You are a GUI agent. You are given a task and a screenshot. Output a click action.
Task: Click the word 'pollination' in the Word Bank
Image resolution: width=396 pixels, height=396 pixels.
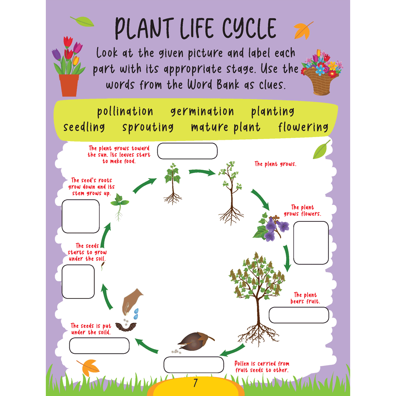click(125, 111)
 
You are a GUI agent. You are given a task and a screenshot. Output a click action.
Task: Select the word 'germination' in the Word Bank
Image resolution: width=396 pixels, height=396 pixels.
click(202, 111)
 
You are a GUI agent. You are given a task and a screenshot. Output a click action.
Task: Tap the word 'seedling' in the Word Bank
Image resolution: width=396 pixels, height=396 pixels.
click(84, 127)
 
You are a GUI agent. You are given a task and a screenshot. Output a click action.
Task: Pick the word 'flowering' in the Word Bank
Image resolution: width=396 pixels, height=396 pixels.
click(303, 127)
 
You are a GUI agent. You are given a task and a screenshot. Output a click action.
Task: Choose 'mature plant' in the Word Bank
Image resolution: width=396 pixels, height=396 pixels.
click(225, 127)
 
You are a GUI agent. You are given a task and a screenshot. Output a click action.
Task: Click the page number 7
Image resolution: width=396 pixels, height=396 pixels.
click(195, 383)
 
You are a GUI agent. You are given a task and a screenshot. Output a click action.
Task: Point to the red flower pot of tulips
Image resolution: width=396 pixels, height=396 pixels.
click(69, 85)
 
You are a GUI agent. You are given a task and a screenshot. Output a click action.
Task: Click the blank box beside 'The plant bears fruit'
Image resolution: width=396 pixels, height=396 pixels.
click(298, 315)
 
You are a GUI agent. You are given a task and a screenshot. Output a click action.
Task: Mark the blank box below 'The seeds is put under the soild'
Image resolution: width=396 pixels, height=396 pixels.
click(99, 345)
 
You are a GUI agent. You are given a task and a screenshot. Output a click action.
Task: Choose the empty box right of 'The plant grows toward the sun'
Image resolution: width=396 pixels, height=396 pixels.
click(187, 151)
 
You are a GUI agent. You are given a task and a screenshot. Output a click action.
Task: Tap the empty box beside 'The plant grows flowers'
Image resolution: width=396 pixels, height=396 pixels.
click(311, 243)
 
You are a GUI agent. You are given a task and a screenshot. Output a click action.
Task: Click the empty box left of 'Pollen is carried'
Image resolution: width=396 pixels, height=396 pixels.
click(194, 364)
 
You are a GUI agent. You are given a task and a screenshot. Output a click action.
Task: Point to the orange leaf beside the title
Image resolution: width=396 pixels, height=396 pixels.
click(303, 30)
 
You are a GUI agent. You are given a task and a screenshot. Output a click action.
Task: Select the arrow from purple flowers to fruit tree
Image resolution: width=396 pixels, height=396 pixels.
click(286, 258)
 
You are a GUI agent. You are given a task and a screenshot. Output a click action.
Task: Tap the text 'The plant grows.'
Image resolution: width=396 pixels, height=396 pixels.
click(275, 164)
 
